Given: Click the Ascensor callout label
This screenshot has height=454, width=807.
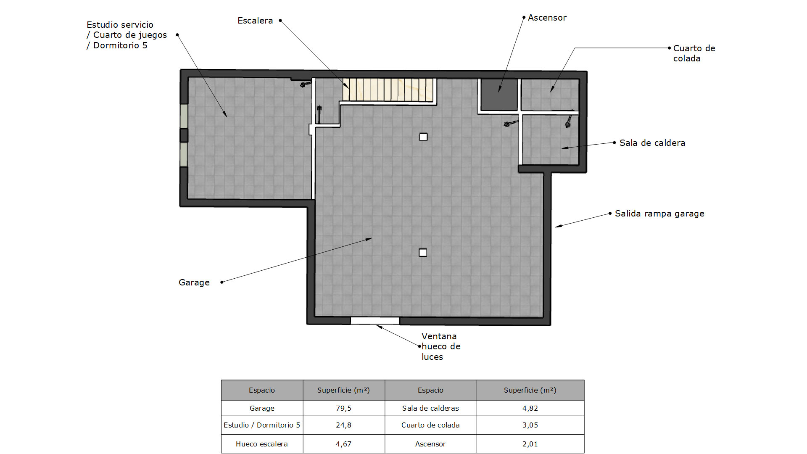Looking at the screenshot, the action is coord(547,18).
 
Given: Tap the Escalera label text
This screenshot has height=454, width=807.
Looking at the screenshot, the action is coord(255,21).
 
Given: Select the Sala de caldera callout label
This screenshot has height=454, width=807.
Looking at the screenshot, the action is coord(652,143).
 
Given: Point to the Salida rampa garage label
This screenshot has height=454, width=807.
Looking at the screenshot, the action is coord(659,214).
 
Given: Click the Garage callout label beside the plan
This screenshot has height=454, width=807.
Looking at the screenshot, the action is coord(194,282).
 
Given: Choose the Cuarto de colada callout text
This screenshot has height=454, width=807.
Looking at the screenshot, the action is coord(694,53).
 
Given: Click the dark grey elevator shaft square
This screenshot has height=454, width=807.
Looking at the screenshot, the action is coord(499,95).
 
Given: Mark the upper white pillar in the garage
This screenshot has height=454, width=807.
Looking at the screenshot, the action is coord(423,137).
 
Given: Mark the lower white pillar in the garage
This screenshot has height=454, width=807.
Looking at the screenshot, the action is coord(423,253).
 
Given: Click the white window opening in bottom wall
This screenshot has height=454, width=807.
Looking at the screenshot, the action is coord(375,321).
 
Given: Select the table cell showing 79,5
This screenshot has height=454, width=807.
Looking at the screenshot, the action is coord(343,408).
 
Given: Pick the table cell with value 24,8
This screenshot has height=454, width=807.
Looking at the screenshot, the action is coord(343,425).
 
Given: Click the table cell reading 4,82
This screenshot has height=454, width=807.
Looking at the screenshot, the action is coord(530,408).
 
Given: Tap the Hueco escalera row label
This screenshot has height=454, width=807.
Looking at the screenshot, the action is coord(262,444).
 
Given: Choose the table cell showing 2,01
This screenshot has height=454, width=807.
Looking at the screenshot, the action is coord(530,444).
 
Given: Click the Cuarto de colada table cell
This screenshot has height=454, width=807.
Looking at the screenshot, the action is coord(430,425).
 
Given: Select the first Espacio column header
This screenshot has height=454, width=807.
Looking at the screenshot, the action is coord(262,390).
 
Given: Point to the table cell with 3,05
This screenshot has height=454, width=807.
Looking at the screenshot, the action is coord(530,425).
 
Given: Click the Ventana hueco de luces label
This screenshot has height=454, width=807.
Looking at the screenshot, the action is coord(441,346).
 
